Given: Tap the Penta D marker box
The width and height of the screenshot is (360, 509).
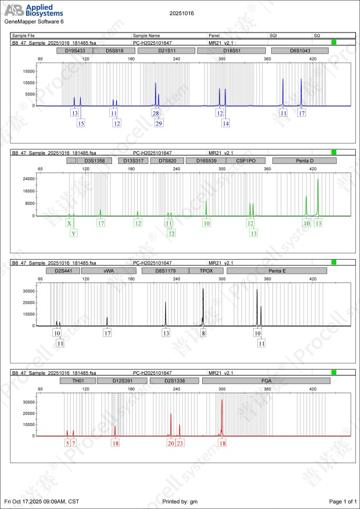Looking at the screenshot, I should click(x=300, y=160).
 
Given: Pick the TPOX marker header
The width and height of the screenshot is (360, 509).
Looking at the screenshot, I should click(x=206, y=271).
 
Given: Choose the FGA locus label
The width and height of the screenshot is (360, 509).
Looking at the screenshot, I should click(x=266, y=380).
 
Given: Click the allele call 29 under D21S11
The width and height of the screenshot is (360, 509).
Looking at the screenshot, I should click(x=159, y=123).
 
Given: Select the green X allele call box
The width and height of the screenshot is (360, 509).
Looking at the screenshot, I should click(x=69, y=223).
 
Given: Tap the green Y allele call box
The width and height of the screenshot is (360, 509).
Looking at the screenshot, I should click(x=74, y=233).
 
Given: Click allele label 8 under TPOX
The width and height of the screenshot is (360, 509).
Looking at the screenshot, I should click(x=203, y=333).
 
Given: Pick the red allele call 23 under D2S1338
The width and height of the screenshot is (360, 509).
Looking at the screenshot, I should click(x=180, y=443).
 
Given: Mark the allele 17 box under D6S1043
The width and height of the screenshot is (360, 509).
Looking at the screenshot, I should click(x=301, y=113).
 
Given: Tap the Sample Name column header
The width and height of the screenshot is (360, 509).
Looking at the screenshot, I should click(x=146, y=35).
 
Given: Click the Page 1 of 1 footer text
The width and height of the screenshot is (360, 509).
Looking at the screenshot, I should click(x=342, y=501).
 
